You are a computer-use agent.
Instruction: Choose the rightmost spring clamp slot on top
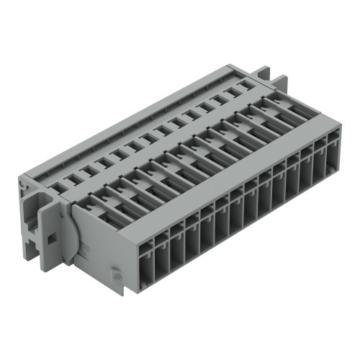(x=277, y=102)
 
